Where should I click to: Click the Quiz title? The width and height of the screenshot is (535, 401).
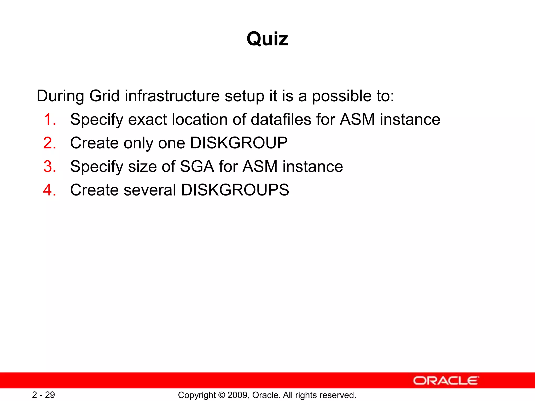(x=267, y=39)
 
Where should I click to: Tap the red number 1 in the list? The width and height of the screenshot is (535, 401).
(x=50, y=119)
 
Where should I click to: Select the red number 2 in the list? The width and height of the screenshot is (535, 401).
(x=50, y=143)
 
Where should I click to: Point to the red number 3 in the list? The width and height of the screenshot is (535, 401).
(x=50, y=166)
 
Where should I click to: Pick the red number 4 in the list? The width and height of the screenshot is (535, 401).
(x=50, y=190)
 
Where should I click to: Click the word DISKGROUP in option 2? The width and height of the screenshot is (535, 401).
(x=239, y=143)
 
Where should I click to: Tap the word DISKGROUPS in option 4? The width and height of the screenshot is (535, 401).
(x=235, y=190)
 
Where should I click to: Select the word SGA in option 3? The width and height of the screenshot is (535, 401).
(x=197, y=166)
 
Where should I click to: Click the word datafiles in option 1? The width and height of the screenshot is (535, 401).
(x=281, y=119)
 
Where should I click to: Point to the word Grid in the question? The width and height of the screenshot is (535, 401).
(x=104, y=96)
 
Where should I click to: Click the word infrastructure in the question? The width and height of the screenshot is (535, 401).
(x=172, y=96)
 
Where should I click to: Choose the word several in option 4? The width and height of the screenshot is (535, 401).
(x=150, y=190)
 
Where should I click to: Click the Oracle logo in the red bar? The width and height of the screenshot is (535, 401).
(x=446, y=380)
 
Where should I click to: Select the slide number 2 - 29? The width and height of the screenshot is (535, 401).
(x=43, y=395)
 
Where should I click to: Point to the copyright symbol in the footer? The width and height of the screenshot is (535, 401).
(x=222, y=395)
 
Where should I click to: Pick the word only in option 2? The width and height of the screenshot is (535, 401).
(x=138, y=143)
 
